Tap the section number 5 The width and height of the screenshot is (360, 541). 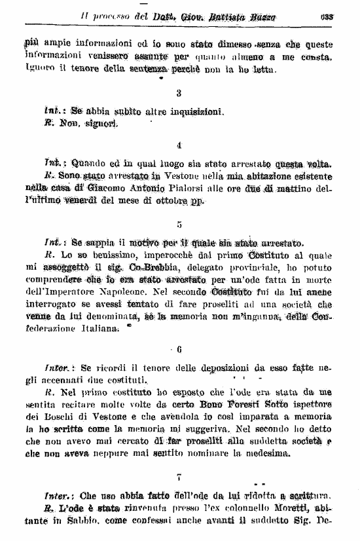179,225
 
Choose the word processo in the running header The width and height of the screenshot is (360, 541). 109,16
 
